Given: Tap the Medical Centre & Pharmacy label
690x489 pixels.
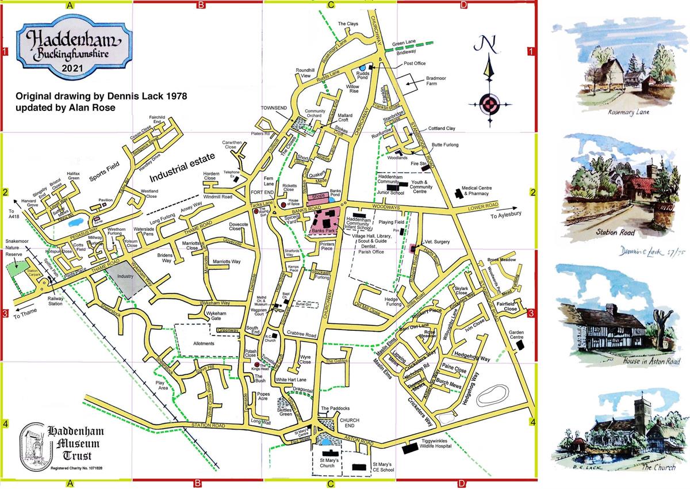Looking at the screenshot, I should pyautogui.click(x=487, y=191).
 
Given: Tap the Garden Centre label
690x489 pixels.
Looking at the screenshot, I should pyautogui.click(x=521, y=335).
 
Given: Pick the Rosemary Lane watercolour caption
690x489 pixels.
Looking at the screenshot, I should pyautogui.click(x=628, y=113).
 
